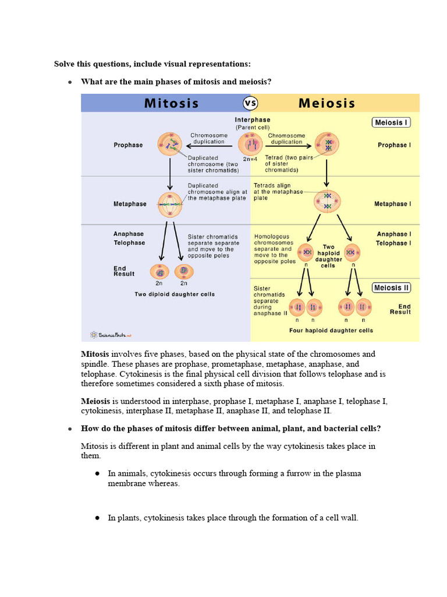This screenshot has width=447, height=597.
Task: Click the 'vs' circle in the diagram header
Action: click(x=250, y=103)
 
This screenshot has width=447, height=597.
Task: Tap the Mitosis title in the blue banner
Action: click(x=171, y=104)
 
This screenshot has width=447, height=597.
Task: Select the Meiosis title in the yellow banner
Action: click(x=327, y=104)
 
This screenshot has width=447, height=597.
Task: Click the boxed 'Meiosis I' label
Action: click(x=392, y=122)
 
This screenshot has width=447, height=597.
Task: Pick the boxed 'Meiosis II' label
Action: click(x=392, y=288)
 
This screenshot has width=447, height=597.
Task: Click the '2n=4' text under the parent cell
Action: click(x=251, y=159)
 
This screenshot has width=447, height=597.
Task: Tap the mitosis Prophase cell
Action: click(x=170, y=144)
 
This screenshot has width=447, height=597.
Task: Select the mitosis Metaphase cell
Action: click(x=170, y=205)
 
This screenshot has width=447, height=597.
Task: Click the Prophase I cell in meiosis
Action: click(x=327, y=144)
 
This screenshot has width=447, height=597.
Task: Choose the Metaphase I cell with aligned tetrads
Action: click(x=327, y=201)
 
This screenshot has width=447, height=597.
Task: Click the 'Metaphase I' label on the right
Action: click(x=392, y=204)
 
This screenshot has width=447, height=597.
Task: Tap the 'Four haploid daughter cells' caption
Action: click(x=331, y=331)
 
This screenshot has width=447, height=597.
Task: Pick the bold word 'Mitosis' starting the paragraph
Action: click(x=95, y=354)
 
